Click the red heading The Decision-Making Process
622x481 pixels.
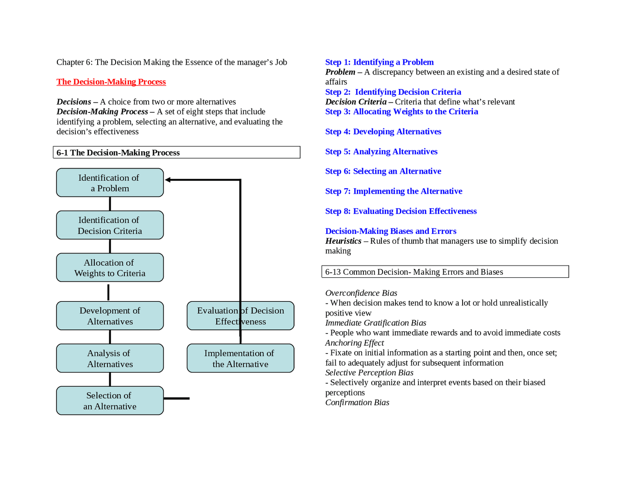(111, 82)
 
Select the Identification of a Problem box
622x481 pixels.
(110, 183)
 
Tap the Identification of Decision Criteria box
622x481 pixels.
(110, 225)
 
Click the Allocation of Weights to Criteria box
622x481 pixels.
(110, 267)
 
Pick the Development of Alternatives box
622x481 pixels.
(110, 316)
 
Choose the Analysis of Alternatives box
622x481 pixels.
(110, 358)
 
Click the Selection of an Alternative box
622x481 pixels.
(110, 401)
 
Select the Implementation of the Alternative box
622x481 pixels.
(240, 358)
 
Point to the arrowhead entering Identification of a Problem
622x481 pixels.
(168, 180)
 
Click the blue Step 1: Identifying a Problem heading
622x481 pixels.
(379, 62)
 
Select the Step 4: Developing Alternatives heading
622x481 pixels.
(383, 132)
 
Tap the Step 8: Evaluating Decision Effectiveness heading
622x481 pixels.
(401, 211)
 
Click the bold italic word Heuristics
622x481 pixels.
(343, 241)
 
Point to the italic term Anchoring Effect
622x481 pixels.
(354, 343)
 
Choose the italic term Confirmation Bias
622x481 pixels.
(357, 403)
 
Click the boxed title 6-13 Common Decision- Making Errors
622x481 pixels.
(414, 272)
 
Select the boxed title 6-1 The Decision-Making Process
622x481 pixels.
(118, 153)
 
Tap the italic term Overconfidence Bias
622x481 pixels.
(361, 293)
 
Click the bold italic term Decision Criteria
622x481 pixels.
(356, 102)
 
